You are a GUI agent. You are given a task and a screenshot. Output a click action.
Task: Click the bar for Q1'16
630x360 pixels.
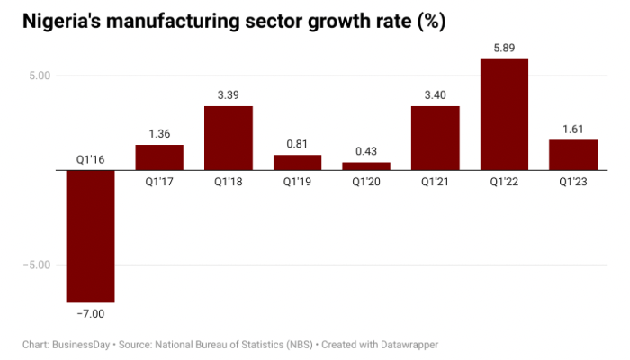90,236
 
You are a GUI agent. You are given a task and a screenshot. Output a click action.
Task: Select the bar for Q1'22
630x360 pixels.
504,114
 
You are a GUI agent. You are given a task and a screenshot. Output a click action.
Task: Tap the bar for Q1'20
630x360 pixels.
366,166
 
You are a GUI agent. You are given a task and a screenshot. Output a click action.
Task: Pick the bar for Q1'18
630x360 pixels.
228,138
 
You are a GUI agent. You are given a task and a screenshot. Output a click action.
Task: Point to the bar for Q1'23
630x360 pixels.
573,155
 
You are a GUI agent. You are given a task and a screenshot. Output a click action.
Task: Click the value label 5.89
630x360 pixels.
504,48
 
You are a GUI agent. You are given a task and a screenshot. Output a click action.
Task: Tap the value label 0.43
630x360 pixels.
366,151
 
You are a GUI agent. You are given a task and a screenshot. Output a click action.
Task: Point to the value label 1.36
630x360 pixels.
159,133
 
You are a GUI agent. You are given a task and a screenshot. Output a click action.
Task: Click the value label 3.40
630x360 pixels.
436,94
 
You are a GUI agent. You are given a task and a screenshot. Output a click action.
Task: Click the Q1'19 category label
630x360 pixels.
297,182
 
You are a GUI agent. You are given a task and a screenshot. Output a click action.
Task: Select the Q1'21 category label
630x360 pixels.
436,182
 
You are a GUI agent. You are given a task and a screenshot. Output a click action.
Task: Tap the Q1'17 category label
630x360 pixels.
159,182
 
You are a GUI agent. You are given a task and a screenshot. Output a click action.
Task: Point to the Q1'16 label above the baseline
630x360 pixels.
90,159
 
